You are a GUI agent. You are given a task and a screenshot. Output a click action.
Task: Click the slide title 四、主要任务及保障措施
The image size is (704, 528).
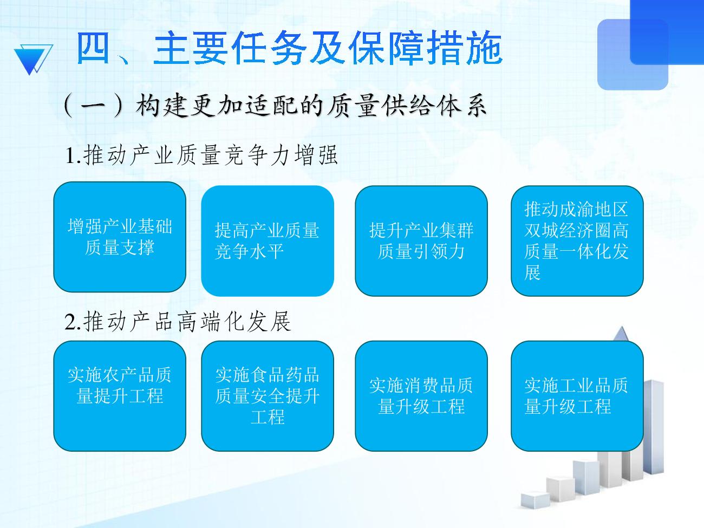[x=289, y=48]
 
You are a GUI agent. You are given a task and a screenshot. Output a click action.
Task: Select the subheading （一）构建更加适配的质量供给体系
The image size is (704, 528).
[x=275, y=106]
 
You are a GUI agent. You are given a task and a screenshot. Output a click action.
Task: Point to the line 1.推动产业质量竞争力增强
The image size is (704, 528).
[x=201, y=155]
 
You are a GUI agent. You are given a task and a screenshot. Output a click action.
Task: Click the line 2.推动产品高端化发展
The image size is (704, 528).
[x=178, y=322]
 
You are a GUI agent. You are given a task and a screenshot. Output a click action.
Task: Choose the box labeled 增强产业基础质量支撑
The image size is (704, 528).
[x=120, y=237]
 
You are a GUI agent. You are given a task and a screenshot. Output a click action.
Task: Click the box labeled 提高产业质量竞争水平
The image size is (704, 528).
[x=268, y=241]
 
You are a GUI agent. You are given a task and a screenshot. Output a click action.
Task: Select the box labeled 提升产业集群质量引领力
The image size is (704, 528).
[x=421, y=241]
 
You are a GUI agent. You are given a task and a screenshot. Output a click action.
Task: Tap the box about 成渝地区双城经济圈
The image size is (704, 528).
[x=577, y=241]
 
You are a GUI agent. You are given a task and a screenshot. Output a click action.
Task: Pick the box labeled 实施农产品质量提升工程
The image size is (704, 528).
[x=120, y=396]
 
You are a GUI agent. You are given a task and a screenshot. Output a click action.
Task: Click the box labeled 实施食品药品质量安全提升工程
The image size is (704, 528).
[x=268, y=396]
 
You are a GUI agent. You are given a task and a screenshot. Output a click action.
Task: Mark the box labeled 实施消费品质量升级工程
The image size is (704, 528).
[x=421, y=396]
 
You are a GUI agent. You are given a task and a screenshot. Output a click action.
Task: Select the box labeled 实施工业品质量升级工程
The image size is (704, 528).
[x=577, y=396]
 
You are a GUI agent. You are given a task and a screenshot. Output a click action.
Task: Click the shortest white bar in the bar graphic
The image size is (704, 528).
[x=535, y=500]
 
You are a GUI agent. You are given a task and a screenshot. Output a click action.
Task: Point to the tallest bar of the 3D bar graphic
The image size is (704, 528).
[x=653, y=426]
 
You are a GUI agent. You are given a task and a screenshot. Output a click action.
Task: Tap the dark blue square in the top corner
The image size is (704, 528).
[x=667, y=32]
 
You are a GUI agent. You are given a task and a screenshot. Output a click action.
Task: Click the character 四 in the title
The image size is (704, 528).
[x=93, y=48]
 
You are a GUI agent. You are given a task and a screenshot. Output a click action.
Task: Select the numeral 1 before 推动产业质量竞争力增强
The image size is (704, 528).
[x=70, y=156]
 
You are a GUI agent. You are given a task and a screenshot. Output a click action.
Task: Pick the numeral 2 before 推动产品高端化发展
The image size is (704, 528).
[x=70, y=322]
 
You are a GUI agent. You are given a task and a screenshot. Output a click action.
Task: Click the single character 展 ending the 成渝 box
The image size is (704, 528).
[x=532, y=272]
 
